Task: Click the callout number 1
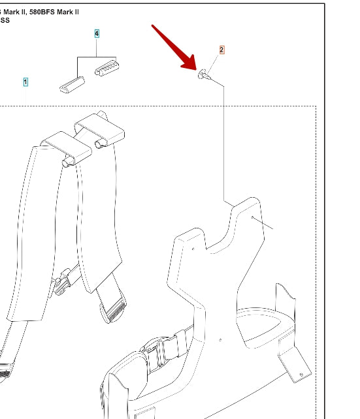pyautogui.click(x=25, y=82)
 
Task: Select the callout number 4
pyautogui.click(x=97, y=34)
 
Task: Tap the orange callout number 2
pyautogui.click(x=221, y=50)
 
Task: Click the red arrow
pyautogui.click(x=174, y=48)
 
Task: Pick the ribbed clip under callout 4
pyautogui.click(x=107, y=68)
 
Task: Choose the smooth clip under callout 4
pyautogui.click(x=72, y=85)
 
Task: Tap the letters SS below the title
pyautogui.click(x=5, y=20)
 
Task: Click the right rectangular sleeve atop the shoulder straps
pyautogui.click(x=99, y=130)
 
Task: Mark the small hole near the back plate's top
pyautogui.click(x=252, y=217)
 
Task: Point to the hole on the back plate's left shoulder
pyautogui.click(x=193, y=249)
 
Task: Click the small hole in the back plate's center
pyautogui.click(x=220, y=340)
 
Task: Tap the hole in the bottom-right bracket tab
pyautogui.click(x=301, y=375)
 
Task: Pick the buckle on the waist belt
pyautogui.click(x=155, y=352)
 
